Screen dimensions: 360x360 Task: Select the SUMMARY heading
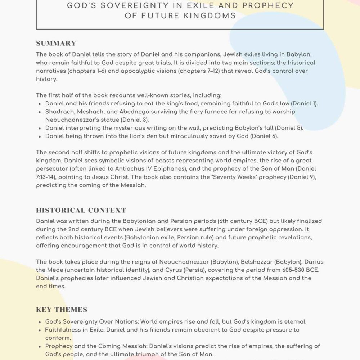[x=56, y=44]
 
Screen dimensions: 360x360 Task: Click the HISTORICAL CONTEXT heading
[x=81, y=211]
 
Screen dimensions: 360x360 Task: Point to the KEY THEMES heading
[x=62, y=310]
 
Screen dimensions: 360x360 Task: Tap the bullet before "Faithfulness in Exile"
[x=39, y=330]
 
